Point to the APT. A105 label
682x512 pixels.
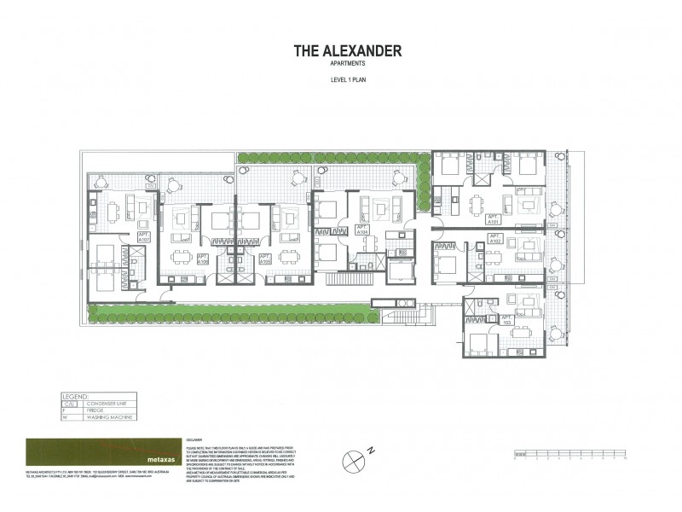click(x=264, y=259)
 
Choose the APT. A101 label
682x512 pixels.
click(x=494, y=218)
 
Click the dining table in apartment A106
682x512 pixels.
click(x=182, y=257)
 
